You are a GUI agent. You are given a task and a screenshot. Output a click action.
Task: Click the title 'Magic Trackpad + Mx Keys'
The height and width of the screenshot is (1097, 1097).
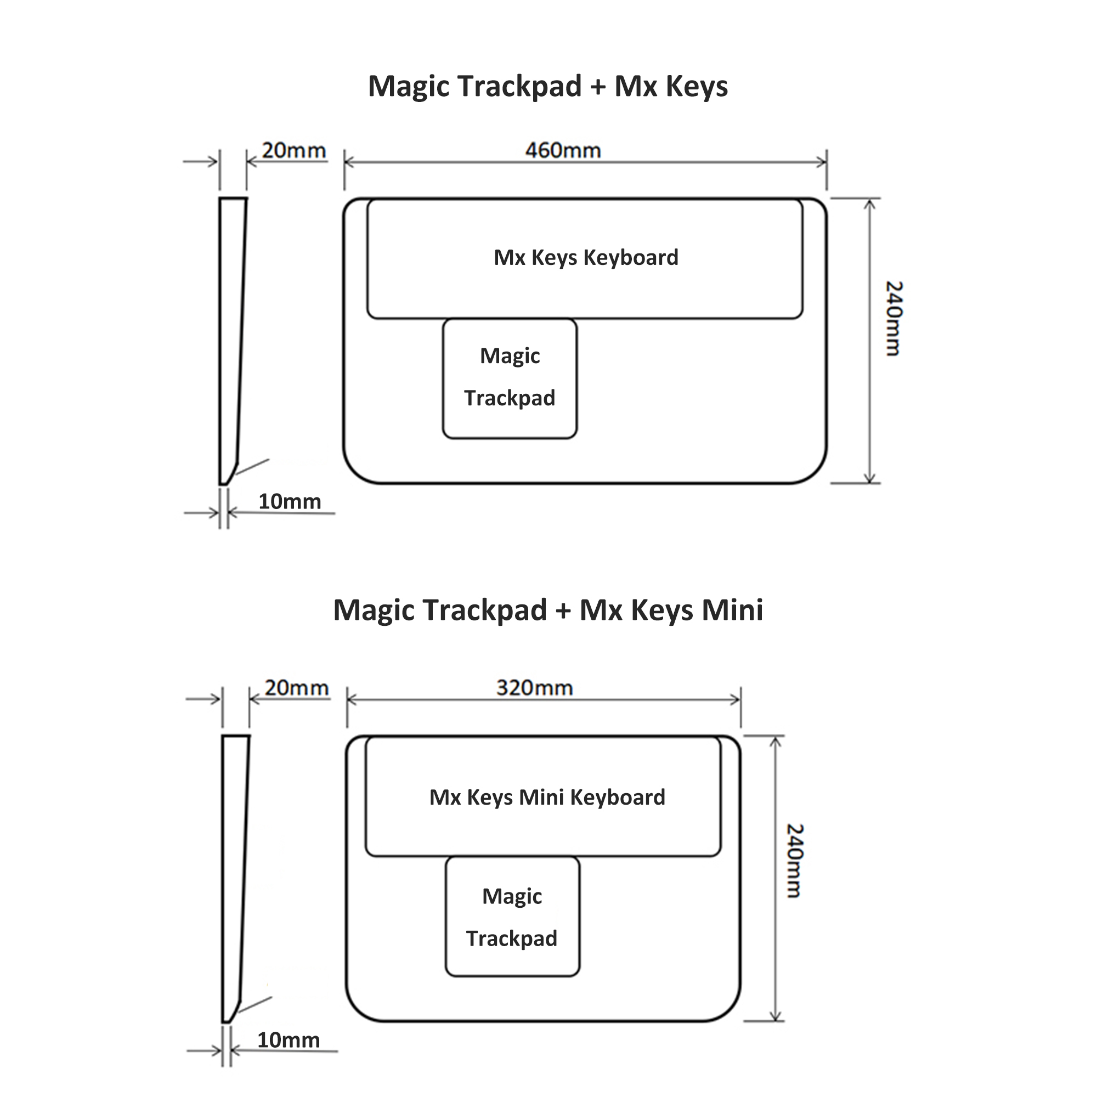(x=548, y=87)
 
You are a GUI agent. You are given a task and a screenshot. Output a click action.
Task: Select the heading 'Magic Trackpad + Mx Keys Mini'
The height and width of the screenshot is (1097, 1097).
(x=548, y=610)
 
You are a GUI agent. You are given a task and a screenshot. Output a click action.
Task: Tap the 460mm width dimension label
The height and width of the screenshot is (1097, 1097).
(x=563, y=150)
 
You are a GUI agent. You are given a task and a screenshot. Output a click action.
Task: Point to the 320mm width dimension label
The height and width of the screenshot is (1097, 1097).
(x=534, y=688)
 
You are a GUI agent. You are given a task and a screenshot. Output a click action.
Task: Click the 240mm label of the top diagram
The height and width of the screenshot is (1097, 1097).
(x=893, y=319)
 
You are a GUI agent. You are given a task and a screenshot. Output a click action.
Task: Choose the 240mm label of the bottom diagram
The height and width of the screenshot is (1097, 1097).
(x=794, y=861)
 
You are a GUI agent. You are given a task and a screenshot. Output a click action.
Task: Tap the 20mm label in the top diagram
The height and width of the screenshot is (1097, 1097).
(x=293, y=150)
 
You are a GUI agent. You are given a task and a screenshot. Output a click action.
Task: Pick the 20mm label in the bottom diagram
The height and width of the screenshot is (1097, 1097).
(x=296, y=688)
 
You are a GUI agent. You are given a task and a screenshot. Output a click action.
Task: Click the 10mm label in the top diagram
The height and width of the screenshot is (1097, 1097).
(x=290, y=501)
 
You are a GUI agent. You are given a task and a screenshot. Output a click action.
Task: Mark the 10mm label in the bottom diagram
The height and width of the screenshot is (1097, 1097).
(x=289, y=1039)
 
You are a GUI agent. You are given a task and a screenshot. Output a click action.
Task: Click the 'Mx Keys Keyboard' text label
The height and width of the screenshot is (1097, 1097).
(x=586, y=258)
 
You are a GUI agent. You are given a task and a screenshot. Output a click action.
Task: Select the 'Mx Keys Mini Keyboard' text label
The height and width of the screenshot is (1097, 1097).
(x=547, y=797)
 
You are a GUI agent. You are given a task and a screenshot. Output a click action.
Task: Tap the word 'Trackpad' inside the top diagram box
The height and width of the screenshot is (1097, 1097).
(x=510, y=398)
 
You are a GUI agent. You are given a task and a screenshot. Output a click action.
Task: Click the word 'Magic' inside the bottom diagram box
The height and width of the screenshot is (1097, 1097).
(x=512, y=896)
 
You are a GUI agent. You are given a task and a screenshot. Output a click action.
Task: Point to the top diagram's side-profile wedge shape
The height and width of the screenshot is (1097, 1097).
(x=232, y=341)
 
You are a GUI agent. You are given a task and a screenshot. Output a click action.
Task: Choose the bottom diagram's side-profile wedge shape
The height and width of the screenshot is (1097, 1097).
(x=235, y=878)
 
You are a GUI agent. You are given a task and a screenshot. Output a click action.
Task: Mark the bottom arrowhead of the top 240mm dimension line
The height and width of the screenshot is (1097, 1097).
(x=870, y=478)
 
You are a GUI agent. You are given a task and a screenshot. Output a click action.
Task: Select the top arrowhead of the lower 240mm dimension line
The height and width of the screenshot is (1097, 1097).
(x=776, y=742)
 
